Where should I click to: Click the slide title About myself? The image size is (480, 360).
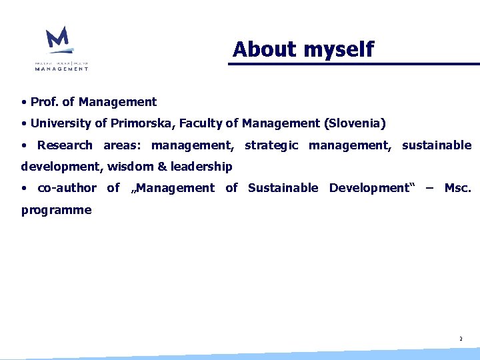click(303, 49)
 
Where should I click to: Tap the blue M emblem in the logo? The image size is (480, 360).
click(59, 39)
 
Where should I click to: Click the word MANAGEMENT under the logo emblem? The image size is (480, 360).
click(61, 68)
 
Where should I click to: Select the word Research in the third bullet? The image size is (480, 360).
click(65, 145)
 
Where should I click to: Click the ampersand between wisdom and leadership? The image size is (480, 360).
click(161, 167)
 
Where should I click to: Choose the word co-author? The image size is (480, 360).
click(67, 188)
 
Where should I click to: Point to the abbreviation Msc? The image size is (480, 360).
click(457, 188)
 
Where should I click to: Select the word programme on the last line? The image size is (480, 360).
click(56, 210)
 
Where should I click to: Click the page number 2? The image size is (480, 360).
click(460, 339)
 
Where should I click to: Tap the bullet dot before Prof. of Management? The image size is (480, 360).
click(23, 103)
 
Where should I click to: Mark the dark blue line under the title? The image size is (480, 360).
click(353, 64)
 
